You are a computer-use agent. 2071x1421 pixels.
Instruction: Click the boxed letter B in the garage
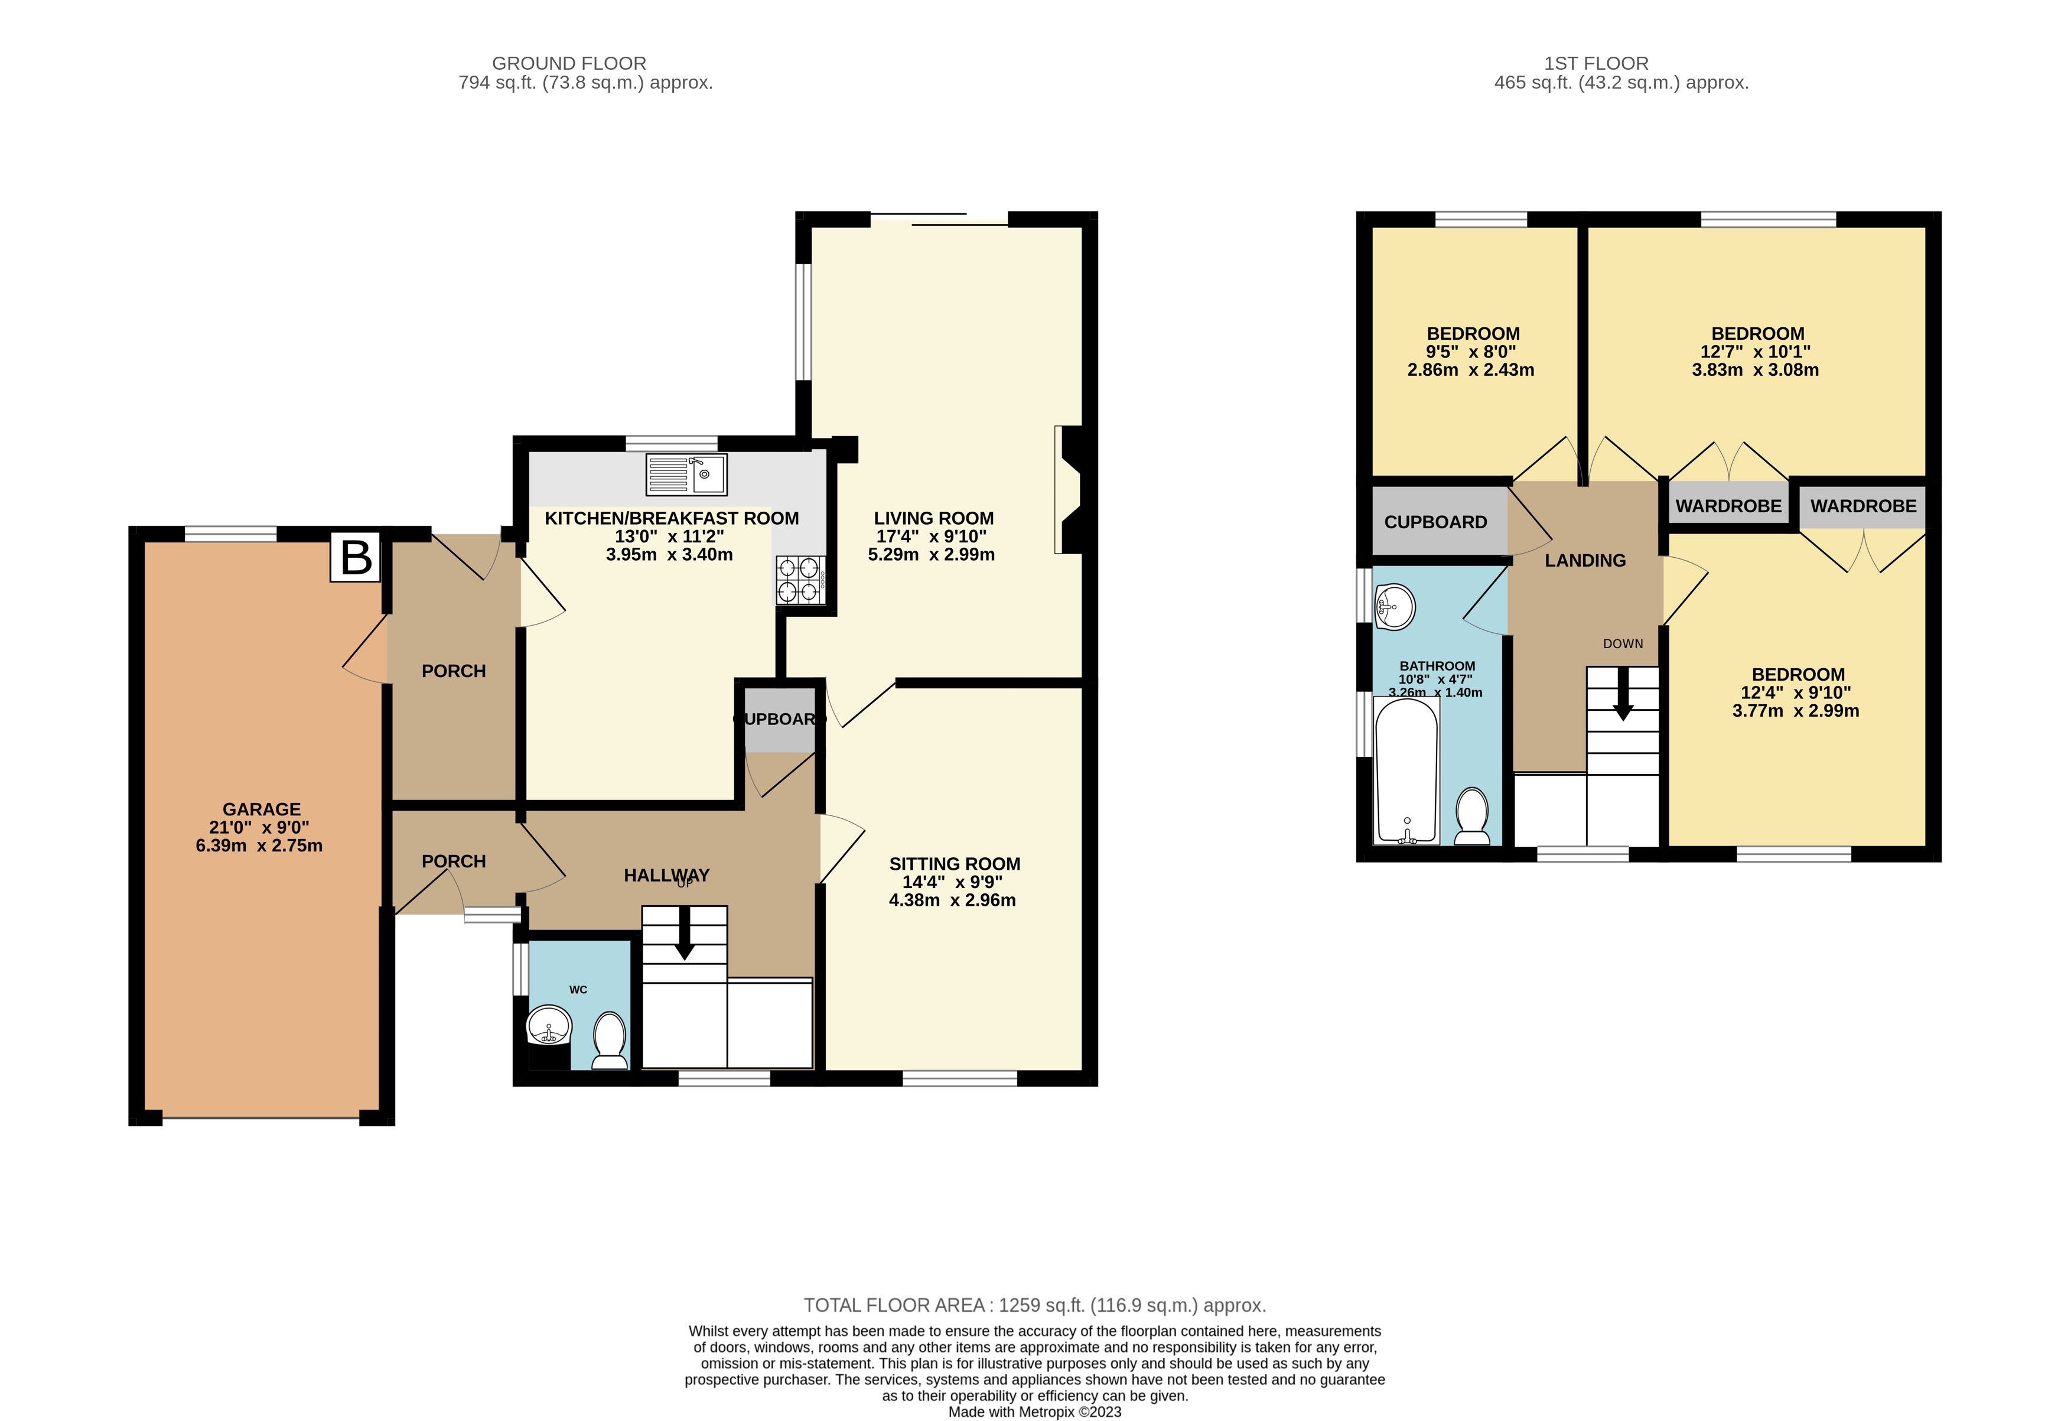[356, 557]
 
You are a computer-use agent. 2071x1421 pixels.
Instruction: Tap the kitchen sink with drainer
[686, 474]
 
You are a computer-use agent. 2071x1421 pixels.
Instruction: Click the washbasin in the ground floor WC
[550, 1026]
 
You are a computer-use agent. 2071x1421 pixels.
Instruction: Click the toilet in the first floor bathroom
[1471, 815]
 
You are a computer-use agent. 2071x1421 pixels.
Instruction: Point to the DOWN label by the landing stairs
[1623, 643]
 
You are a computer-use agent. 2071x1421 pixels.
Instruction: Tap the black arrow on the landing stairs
[1623, 694]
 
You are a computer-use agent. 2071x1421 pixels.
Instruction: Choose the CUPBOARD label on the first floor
[1435, 522]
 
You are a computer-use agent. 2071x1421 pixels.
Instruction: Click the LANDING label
[1584, 561]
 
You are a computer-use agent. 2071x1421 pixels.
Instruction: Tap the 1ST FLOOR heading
[1596, 63]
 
